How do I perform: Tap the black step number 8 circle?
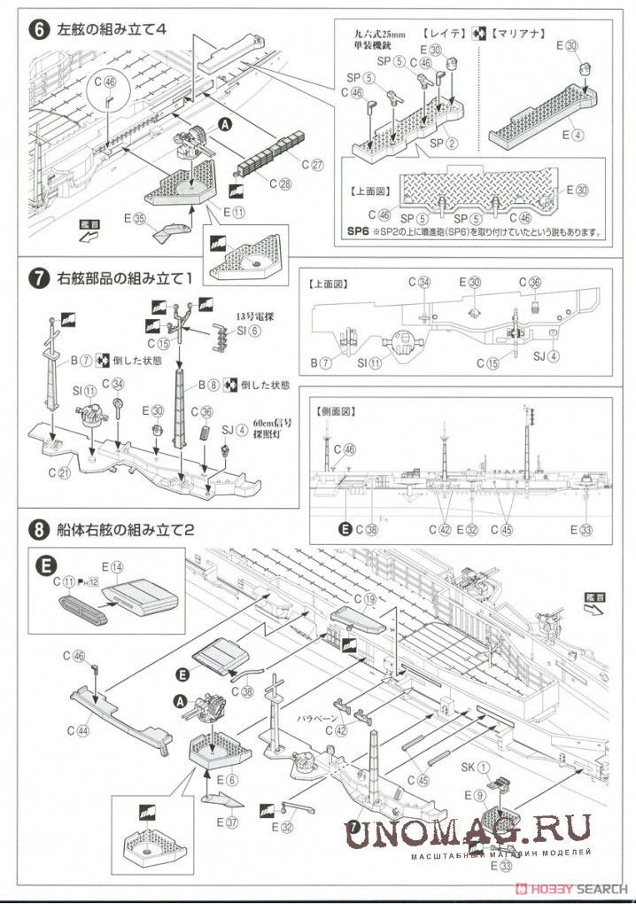[39, 531]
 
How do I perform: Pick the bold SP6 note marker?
[358, 234]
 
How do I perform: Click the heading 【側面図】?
[334, 411]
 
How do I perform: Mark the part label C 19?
[364, 600]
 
